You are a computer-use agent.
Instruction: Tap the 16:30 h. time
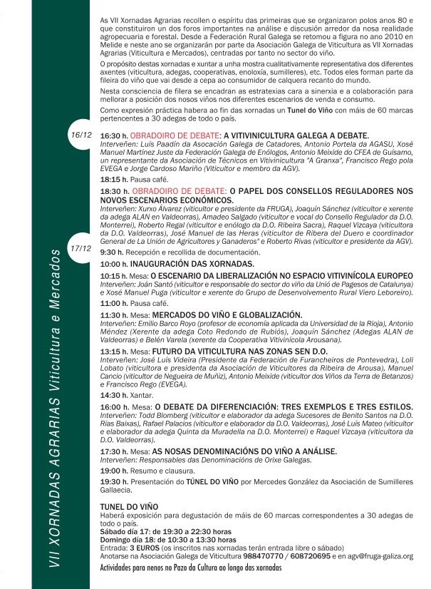point(114,135)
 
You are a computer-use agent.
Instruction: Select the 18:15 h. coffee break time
point(114,180)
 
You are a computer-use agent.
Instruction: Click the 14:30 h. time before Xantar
point(114,394)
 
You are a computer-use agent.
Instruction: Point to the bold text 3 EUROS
point(144,548)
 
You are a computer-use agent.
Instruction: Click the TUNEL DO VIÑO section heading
point(133,505)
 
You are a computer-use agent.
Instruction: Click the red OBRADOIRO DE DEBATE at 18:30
point(177,192)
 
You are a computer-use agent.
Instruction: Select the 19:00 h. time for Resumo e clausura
point(114,471)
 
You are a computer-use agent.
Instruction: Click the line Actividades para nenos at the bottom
point(191,568)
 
